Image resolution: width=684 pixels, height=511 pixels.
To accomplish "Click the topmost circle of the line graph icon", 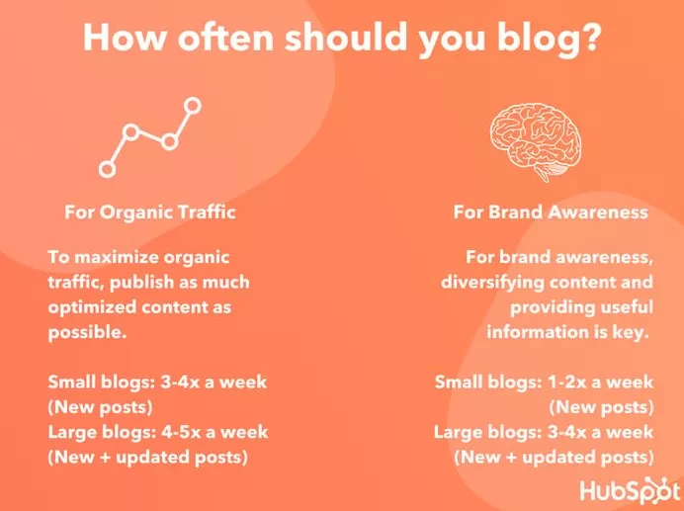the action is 193,106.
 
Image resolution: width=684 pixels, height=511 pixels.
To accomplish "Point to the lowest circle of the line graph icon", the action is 107,169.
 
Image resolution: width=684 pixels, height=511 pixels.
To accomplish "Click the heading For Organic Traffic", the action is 150,213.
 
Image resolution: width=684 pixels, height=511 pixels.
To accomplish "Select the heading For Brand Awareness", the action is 551,213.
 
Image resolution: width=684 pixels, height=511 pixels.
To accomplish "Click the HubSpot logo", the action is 631,488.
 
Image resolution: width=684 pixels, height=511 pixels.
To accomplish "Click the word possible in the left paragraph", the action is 85,333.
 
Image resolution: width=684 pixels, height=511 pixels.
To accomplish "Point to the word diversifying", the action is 492,283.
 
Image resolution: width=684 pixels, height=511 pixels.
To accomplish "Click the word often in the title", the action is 225,37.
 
